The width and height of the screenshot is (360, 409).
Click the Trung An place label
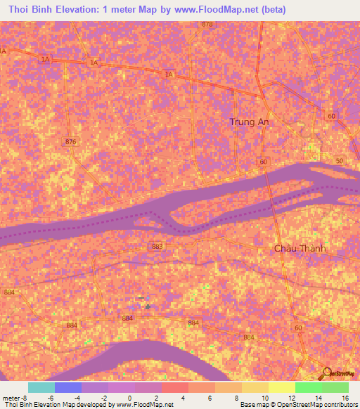click(250, 122)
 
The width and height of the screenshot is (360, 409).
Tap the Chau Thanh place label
click(300, 249)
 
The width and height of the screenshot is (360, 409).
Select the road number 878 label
click(207, 25)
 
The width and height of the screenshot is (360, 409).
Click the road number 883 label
click(157, 246)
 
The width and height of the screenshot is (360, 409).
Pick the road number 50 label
click(340, 162)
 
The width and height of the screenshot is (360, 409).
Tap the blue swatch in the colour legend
click(68, 387)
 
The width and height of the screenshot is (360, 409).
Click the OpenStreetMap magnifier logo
click(326, 372)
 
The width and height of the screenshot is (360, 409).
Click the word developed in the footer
click(94, 405)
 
